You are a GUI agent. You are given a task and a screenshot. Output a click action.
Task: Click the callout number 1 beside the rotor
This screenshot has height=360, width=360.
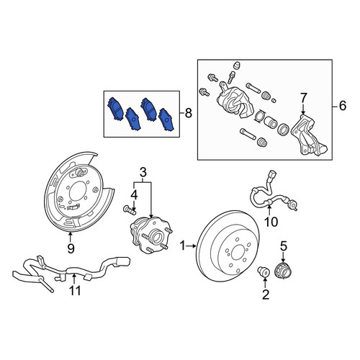point(183,246)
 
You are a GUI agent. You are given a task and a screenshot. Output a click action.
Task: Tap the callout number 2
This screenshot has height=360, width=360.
point(266,294)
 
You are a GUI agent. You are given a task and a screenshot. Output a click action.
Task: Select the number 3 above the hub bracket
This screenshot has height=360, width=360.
point(143,173)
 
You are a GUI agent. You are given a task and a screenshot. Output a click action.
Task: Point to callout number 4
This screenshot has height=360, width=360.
point(134,195)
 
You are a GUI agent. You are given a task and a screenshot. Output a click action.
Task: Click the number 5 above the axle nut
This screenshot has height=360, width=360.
point(284,246)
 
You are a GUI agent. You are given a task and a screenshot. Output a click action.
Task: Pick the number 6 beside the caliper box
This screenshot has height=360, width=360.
point(343,106)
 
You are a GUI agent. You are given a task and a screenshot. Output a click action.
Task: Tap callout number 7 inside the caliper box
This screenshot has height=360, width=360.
point(303,98)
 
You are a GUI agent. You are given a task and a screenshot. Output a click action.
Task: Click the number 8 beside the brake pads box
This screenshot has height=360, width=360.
point(189,113)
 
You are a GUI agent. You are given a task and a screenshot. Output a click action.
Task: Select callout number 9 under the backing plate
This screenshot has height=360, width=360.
point(71,248)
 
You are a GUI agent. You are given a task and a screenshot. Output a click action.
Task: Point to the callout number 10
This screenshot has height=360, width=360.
point(271,222)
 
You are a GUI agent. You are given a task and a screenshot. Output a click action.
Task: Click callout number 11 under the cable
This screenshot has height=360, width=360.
point(75,291)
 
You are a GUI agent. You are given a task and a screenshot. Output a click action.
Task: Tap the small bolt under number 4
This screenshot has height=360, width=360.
point(130,210)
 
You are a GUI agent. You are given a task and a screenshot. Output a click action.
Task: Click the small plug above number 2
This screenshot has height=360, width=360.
point(263,271)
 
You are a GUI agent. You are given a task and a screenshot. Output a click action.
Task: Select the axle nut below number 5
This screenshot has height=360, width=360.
point(283,271)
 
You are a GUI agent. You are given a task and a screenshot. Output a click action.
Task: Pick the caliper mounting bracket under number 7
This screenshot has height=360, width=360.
point(310,135)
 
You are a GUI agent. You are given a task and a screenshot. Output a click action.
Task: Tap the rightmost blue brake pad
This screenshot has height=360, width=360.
point(168,120)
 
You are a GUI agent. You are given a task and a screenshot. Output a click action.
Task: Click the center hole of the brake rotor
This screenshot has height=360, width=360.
point(238,252)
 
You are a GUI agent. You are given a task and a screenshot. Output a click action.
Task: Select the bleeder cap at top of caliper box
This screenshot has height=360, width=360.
point(237,66)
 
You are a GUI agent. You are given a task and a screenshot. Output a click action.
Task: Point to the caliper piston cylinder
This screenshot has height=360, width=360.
point(271,122)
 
